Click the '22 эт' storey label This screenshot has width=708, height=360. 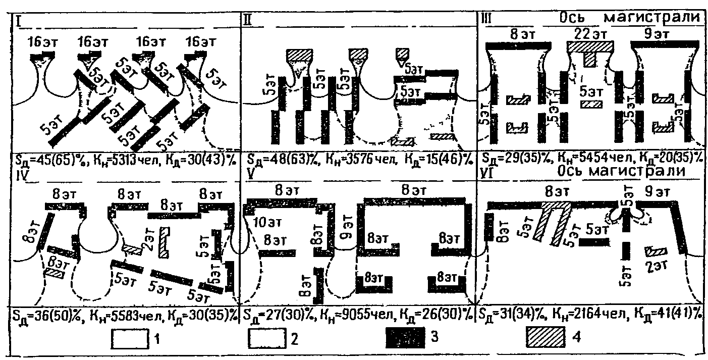click(x=590, y=33)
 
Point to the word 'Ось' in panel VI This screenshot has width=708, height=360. click(x=571, y=172)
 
